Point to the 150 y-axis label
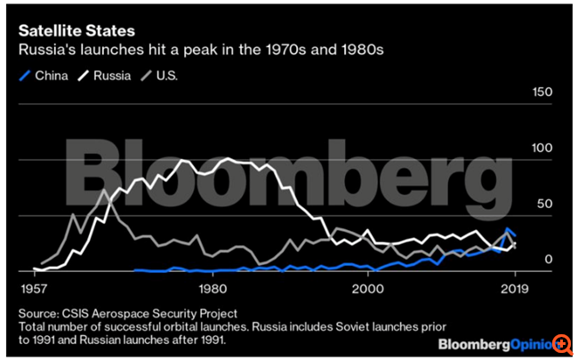(x=542, y=92)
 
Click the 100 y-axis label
(x=542, y=148)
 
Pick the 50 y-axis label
(x=545, y=204)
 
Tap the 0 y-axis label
(x=550, y=260)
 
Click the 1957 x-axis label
(x=34, y=288)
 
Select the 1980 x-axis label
(x=211, y=288)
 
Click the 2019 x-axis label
(x=510, y=288)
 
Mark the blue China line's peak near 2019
(x=508, y=228)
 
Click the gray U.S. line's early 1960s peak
(x=104, y=190)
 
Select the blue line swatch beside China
(x=26, y=75)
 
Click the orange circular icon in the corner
(x=563, y=344)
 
